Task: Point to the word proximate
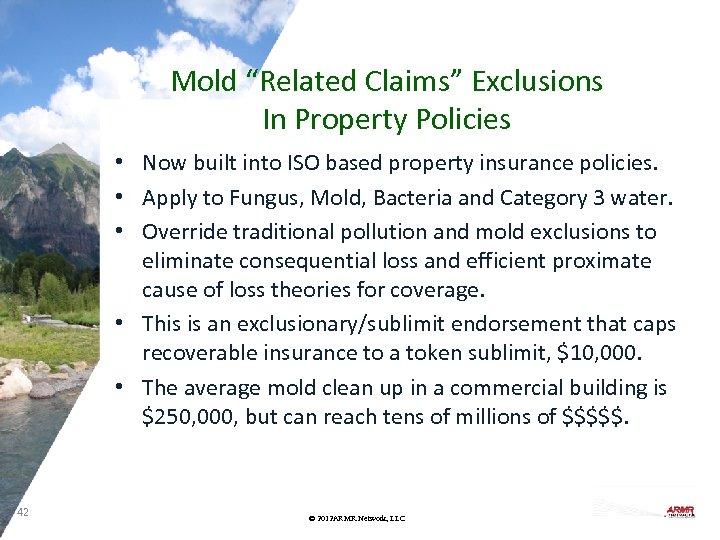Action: pyautogui.click(x=603, y=262)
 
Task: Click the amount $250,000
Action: pyautogui.click(x=189, y=417)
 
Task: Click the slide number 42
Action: pyautogui.click(x=24, y=513)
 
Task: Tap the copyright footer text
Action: pyautogui.click(x=357, y=518)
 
